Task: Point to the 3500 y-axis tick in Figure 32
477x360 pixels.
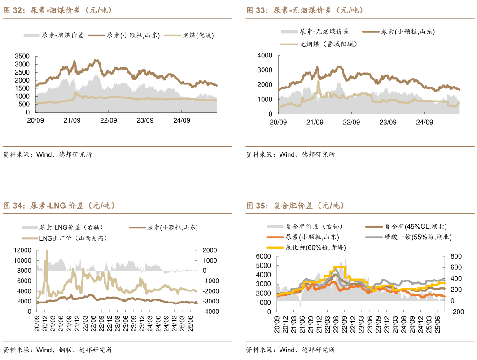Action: (x=22, y=57)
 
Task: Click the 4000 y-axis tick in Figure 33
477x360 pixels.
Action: (x=265, y=55)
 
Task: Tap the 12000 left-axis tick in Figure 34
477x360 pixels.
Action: (x=22, y=250)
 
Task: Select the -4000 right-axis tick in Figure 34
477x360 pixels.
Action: (x=210, y=312)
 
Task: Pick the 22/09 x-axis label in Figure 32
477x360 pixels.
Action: (x=108, y=120)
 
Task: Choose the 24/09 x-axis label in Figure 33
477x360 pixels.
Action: (x=424, y=122)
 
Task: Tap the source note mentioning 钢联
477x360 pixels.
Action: (x=57, y=350)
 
